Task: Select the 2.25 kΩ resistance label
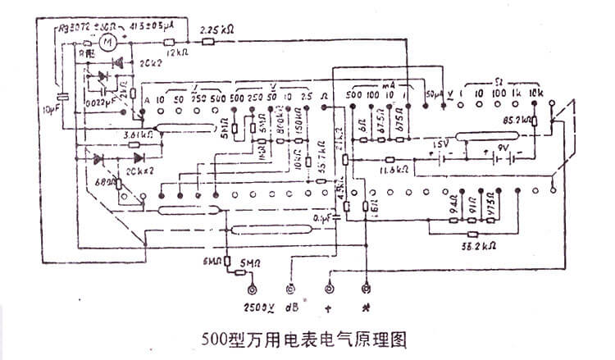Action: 217,30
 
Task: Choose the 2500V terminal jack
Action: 252,289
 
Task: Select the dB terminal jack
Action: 289,289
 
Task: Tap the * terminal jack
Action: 366,289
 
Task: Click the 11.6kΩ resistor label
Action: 396,171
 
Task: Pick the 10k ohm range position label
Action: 536,94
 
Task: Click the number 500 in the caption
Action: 215,338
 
